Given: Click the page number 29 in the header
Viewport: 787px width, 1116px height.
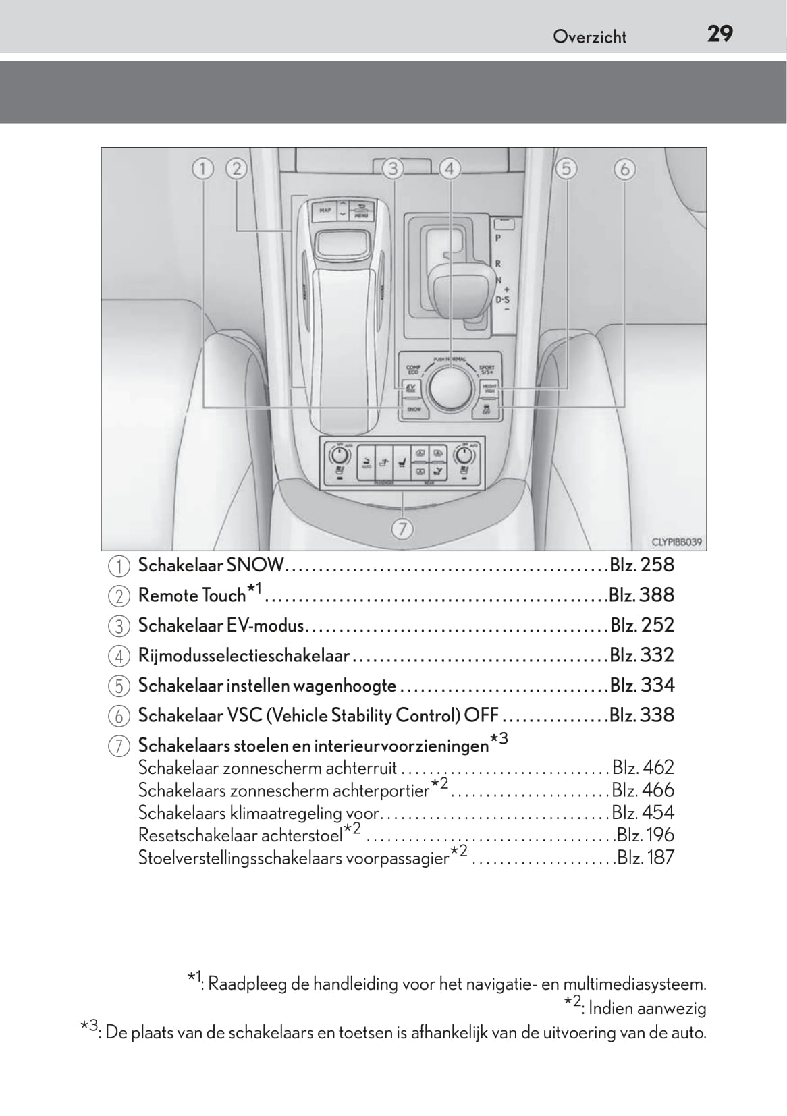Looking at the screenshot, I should tap(720, 34).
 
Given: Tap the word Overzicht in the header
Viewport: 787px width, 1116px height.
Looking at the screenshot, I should tap(589, 37).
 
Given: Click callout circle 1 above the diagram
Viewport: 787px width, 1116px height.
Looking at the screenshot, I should tap(202, 168).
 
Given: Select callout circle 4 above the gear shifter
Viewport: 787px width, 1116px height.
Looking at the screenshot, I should tap(450, 168).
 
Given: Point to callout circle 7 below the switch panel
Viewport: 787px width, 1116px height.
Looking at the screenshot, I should tap(402, 530).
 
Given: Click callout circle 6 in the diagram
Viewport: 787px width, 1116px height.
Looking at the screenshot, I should tap(624, 168).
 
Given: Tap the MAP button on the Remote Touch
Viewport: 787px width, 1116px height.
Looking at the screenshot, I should tap(325, 211).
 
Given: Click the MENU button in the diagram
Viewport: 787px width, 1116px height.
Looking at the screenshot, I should tap(361, 211).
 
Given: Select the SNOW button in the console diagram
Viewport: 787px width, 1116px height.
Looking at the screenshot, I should tap(413, 408).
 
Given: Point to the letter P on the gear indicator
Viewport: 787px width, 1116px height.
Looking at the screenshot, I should tap(498, 238).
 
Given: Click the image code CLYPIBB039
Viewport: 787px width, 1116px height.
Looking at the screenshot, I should tap(676, 541).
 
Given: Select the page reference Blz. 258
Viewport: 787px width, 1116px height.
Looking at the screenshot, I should tap(641, 565).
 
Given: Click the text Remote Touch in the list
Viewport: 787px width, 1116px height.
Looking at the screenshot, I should tap(192, 595).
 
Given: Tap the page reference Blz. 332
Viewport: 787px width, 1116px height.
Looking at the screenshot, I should tap(641, 655).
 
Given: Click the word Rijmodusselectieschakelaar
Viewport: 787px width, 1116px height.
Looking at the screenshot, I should tap(244, 655).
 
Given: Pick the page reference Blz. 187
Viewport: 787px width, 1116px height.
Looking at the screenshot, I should tap(645, 858).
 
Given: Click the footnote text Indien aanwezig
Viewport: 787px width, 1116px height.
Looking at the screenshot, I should tap(647, 1009).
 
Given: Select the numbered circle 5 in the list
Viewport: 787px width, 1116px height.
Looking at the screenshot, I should tap(118, 686).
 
